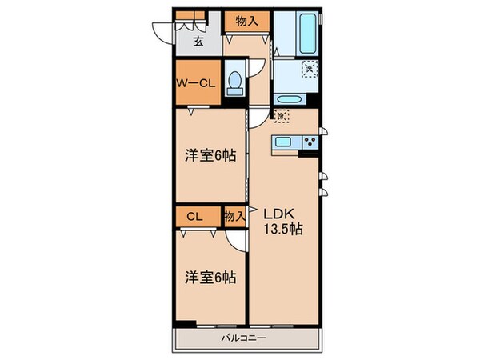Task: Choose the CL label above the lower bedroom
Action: coord(194,216)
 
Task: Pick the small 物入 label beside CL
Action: coord(234,216)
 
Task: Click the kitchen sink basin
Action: coord(283,143)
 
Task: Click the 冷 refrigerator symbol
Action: coord(280,117)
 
